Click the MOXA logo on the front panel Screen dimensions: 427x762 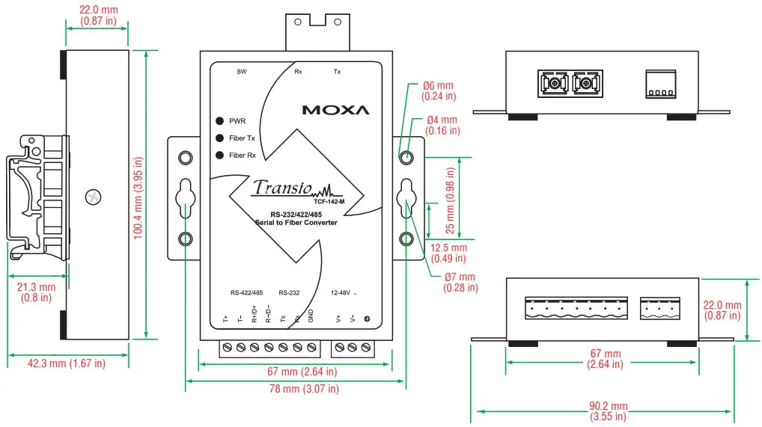(x=335, y=110)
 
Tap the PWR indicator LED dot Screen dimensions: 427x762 (x=220, y=121)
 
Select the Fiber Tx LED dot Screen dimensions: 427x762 (x=220, y=138)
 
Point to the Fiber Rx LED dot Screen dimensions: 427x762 (x=220, y=156)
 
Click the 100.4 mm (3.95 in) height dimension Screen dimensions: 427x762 (x=138, y=197)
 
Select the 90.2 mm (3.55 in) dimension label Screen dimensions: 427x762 (x=603, y=411)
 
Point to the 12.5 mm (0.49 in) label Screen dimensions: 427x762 (x=448, y=253)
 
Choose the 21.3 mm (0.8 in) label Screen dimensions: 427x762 (x=36, y=292)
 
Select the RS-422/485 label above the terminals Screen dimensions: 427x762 (x=246, y=292)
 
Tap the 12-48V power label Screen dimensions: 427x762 (x=341, y=292)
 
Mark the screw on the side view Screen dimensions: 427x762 (x=93, y=197)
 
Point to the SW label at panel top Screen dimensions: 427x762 (x=241, y=73)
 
